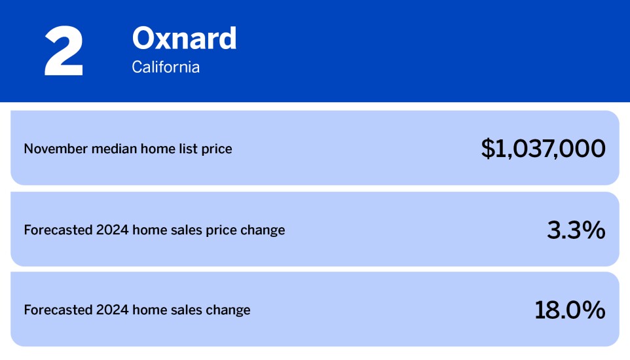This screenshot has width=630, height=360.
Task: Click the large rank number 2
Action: point(64,52)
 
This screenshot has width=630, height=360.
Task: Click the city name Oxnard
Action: point(184,39)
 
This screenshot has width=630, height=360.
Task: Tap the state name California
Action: point(166,67)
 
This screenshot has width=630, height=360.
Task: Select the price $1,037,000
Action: point(543,149)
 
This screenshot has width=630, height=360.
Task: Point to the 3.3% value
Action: point(576,230)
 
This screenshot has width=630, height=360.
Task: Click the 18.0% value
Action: point(570,310)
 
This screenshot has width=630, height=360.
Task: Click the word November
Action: point(53,149)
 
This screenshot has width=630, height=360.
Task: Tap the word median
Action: point(109,149)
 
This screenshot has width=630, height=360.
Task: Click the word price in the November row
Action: point(217,149)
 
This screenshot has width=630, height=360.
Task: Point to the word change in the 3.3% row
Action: point(265,230)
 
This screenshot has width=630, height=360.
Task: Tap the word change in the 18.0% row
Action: point(230,310)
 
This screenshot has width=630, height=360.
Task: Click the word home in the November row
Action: point(155,149)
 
